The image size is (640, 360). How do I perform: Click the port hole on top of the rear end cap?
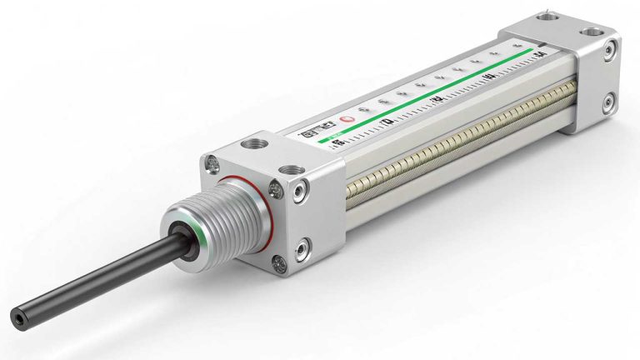pyautogui.click(x=593, y=34)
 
